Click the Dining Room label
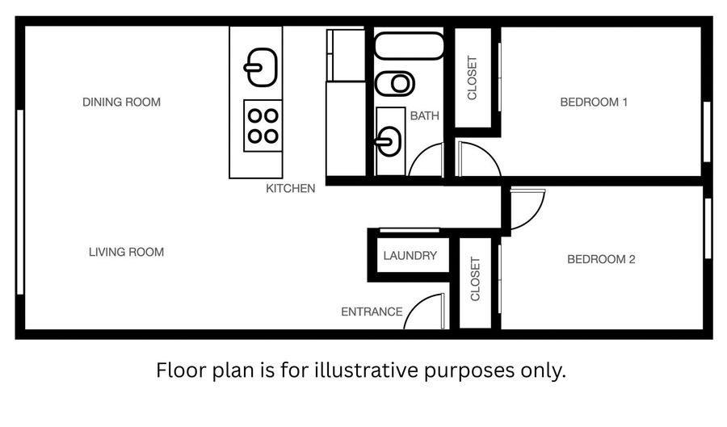point(121,102)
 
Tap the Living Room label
point(126,252)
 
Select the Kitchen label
point(290,189)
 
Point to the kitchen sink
point(261,67)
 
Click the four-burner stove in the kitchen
point(263,125)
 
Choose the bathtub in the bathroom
point(409,45)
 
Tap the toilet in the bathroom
point(394,84)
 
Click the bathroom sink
point(389,141)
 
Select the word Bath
point(424,115)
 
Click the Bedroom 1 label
point(594,102)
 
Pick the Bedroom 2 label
point(601,259)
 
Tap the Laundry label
point(410,256)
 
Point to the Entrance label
point(372,312)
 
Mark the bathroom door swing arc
point(420,153)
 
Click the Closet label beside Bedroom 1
point(472,77)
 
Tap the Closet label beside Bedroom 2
point(475,278)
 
